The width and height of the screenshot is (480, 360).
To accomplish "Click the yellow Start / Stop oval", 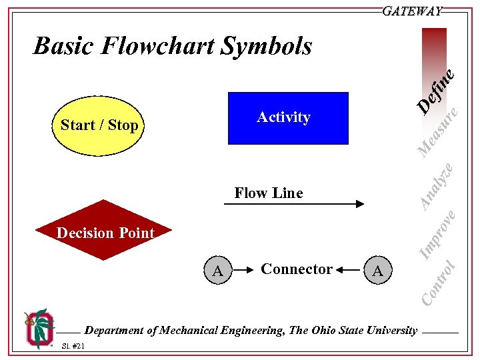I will pos(99,125).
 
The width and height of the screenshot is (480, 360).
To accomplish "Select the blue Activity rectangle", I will pos(288,118).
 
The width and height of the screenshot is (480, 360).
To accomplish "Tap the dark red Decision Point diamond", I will pos(105,231).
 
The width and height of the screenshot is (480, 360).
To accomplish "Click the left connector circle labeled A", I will pos(217,270).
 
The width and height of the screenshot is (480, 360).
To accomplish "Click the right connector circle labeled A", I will pos(378,270).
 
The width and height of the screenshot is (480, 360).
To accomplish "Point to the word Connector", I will pos(297,269).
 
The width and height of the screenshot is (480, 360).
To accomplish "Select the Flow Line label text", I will pos(268,193).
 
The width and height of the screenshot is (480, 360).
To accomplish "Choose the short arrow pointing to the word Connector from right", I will pos(349,270).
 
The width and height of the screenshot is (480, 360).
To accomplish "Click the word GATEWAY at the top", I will pos(412,11).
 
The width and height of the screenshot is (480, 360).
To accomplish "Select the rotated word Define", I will pos(437,90).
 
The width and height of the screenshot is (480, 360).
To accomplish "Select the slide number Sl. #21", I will pos(72,345).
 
